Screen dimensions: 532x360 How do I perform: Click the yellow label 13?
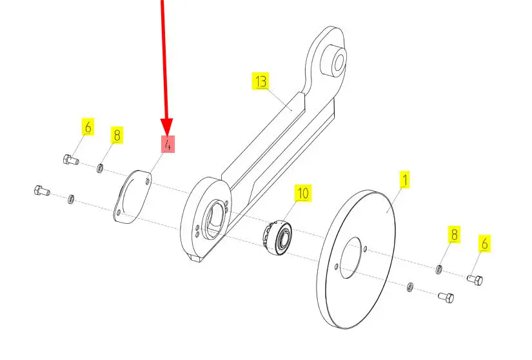(x=261, y=82)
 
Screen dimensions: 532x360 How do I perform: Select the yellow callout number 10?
(x=303, y=192)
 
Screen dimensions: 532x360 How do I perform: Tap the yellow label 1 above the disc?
(x=404, y=180)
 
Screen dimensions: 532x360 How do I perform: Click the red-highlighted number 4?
(x=168, y=144)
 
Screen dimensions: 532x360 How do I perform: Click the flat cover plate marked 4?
(x=133, y=196)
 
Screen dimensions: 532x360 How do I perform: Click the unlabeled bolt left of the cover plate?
(x=41, y=190)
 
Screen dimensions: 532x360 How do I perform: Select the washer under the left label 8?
(x=101, y=169)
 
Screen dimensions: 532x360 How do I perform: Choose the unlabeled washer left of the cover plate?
(x=71, y=197)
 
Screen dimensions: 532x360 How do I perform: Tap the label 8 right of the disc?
(x=454, y=235)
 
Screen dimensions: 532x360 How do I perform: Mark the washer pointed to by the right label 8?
(x=439, y=268)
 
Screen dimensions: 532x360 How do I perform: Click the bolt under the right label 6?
(x=476, y=279)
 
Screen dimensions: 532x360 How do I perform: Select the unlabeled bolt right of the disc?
(x=446, y=297)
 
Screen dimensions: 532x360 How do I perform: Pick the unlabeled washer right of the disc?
(x=409, y=286)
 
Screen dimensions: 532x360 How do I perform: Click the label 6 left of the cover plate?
(x=87, y=126)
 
